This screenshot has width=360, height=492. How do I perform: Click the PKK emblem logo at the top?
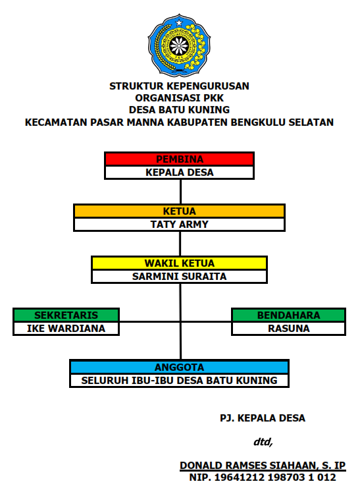pos(179,45)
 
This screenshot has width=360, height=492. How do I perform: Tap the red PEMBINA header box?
pos(180,159)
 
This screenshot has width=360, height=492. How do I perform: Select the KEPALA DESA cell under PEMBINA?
pos(180,173)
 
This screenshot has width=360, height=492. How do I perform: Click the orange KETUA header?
pos(180,211)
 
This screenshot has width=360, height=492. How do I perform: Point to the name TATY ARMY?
pos(180,225)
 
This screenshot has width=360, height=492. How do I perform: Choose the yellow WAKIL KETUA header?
pos(180,263)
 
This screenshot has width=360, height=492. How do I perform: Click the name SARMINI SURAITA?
pos(180,277)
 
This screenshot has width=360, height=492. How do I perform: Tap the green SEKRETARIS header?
pos(66,315)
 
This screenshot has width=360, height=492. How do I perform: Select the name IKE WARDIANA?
pos(66,328)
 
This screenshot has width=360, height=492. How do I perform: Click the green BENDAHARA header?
pos(288,315)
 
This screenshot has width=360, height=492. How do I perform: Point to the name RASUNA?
pos(288,328)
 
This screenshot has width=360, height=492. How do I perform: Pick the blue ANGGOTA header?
pos(180,367)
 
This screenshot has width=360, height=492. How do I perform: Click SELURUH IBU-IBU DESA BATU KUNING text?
pos(180,380)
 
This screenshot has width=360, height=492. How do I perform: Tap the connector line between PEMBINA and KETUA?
pos(180,192)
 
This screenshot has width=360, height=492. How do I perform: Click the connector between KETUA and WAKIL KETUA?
pos(180,244)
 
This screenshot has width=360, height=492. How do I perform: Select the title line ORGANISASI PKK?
pos(180,98)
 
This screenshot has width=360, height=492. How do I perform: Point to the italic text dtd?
pos(263,442)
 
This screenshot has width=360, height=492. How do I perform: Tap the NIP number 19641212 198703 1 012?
pos(275,478)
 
